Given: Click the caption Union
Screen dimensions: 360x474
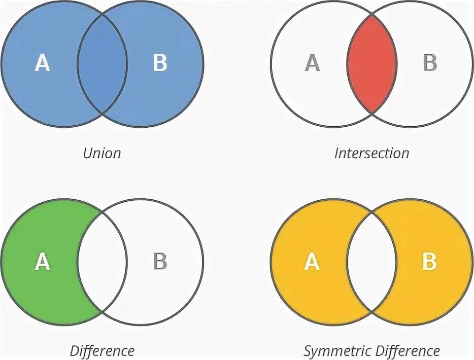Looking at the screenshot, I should (102, 153).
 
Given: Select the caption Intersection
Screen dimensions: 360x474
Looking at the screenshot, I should (371, 153).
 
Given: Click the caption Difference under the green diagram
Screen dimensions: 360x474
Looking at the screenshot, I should (102, 351).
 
